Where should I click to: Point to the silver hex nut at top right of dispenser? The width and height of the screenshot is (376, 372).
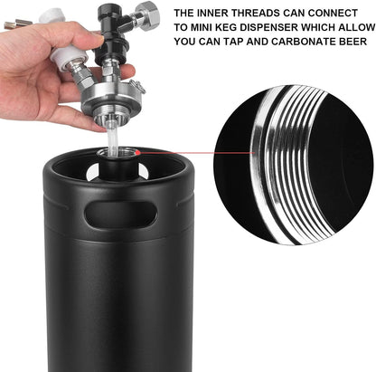146,15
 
